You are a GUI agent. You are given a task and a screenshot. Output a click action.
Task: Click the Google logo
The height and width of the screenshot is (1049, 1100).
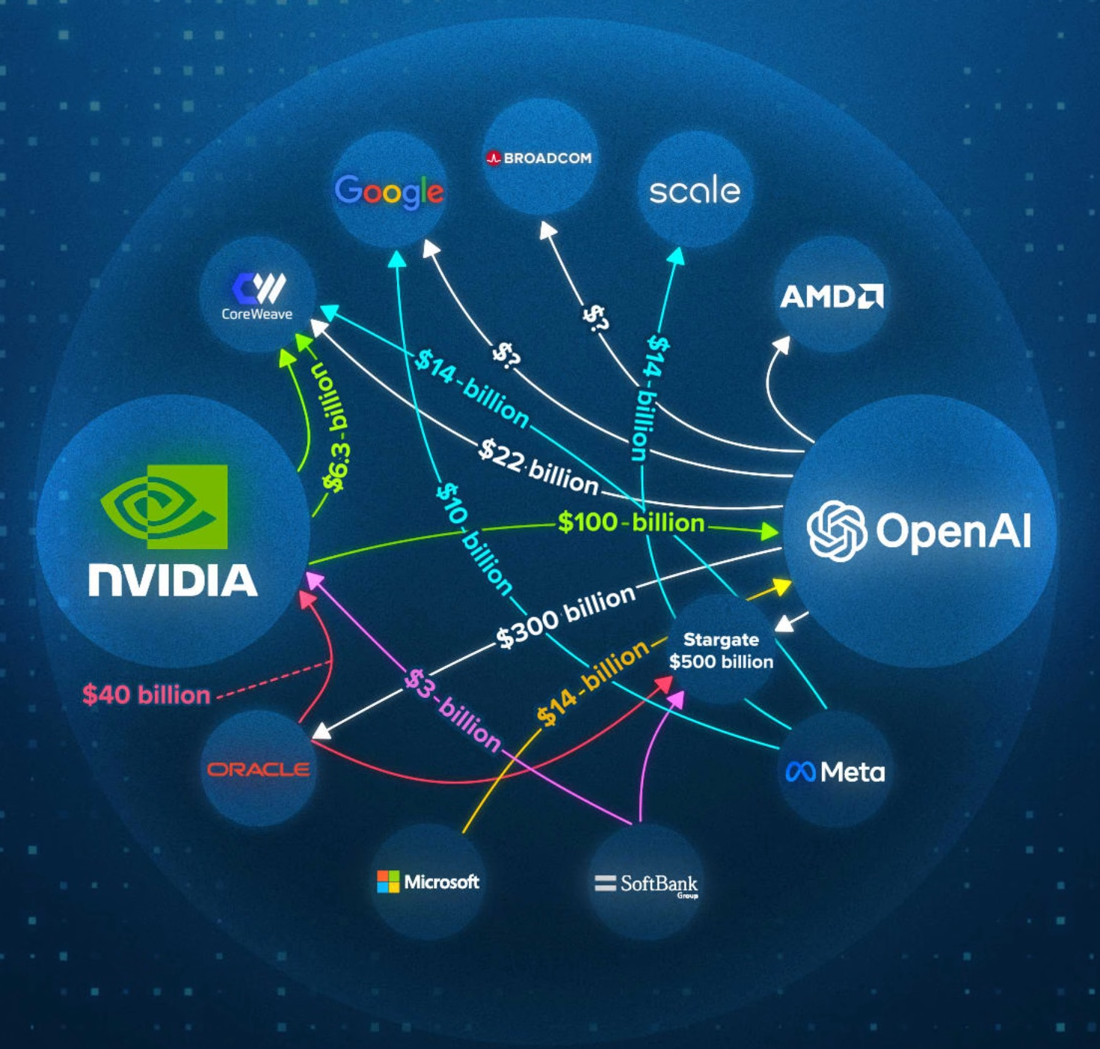(389, 192)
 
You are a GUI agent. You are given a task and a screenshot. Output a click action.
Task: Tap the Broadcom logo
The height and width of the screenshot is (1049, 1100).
(539, 158)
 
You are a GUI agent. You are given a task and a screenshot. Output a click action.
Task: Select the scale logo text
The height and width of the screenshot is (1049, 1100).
(695, 190)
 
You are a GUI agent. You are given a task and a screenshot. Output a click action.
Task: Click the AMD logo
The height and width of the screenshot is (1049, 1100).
(832, 296)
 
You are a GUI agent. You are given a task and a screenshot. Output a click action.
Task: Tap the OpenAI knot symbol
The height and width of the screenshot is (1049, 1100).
(837, 530)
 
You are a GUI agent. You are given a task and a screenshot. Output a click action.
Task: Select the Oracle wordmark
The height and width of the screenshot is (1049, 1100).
(258, 769)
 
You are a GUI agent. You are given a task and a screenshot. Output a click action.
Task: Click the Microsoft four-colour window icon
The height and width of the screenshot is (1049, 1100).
(388, 881)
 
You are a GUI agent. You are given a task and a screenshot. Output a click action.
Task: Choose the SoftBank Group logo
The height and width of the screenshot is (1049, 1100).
(647, 884)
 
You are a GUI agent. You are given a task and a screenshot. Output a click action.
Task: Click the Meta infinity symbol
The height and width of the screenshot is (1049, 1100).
(800, 771)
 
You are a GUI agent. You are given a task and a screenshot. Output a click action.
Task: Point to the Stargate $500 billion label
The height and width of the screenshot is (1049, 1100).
(721, 650)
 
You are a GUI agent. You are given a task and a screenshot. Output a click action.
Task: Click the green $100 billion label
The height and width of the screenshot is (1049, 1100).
(631, 522)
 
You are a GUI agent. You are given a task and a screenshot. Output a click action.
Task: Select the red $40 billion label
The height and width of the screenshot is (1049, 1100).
(147, 695)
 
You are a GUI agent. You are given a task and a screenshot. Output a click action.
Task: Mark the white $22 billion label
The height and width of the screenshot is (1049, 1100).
(538, 468)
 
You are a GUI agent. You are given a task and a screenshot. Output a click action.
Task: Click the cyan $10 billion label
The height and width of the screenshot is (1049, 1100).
(474, 539)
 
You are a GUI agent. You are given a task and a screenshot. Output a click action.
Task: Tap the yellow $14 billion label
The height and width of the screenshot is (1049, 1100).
(593, 682)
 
